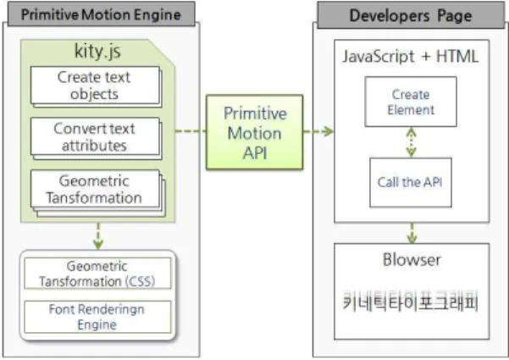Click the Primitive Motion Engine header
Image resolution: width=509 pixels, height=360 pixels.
click(x=102, y=14)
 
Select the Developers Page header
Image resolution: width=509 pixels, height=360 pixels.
click(x=411, y=15)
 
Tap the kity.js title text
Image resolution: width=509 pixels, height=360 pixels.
click(x=97, y=51)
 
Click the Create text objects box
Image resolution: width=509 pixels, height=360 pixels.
click(x=96, y=86)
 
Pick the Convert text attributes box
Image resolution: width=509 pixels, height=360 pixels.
click(x=96, y=136)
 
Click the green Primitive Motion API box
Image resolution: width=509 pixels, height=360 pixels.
click(x=255, y=132)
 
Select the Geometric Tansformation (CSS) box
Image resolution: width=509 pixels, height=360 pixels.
click(x=97, y=273)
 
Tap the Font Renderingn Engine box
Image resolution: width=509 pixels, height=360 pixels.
click(x=97, y=317)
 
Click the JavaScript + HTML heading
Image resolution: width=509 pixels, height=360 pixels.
click(x=411, y=57)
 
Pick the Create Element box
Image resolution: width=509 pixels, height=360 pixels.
click(x=411, y=102)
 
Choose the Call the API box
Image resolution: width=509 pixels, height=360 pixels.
click(x=411, y=182)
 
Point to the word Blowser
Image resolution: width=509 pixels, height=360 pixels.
click(x=412, y=260)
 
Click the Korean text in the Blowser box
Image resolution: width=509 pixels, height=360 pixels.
click(x=411, y=302)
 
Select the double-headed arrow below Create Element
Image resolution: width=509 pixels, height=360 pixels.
click(x=412, y=142)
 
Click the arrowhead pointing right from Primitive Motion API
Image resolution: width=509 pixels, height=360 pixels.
click(x=329, y=131)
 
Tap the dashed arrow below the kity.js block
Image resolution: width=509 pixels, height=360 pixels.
click(x=98, y=236)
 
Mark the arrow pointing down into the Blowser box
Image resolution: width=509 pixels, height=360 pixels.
click(x=412, y=233)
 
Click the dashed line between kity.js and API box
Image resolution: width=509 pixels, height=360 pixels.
click(x=191, y=131)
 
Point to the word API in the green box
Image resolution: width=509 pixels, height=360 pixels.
click(x=255, y=153)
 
